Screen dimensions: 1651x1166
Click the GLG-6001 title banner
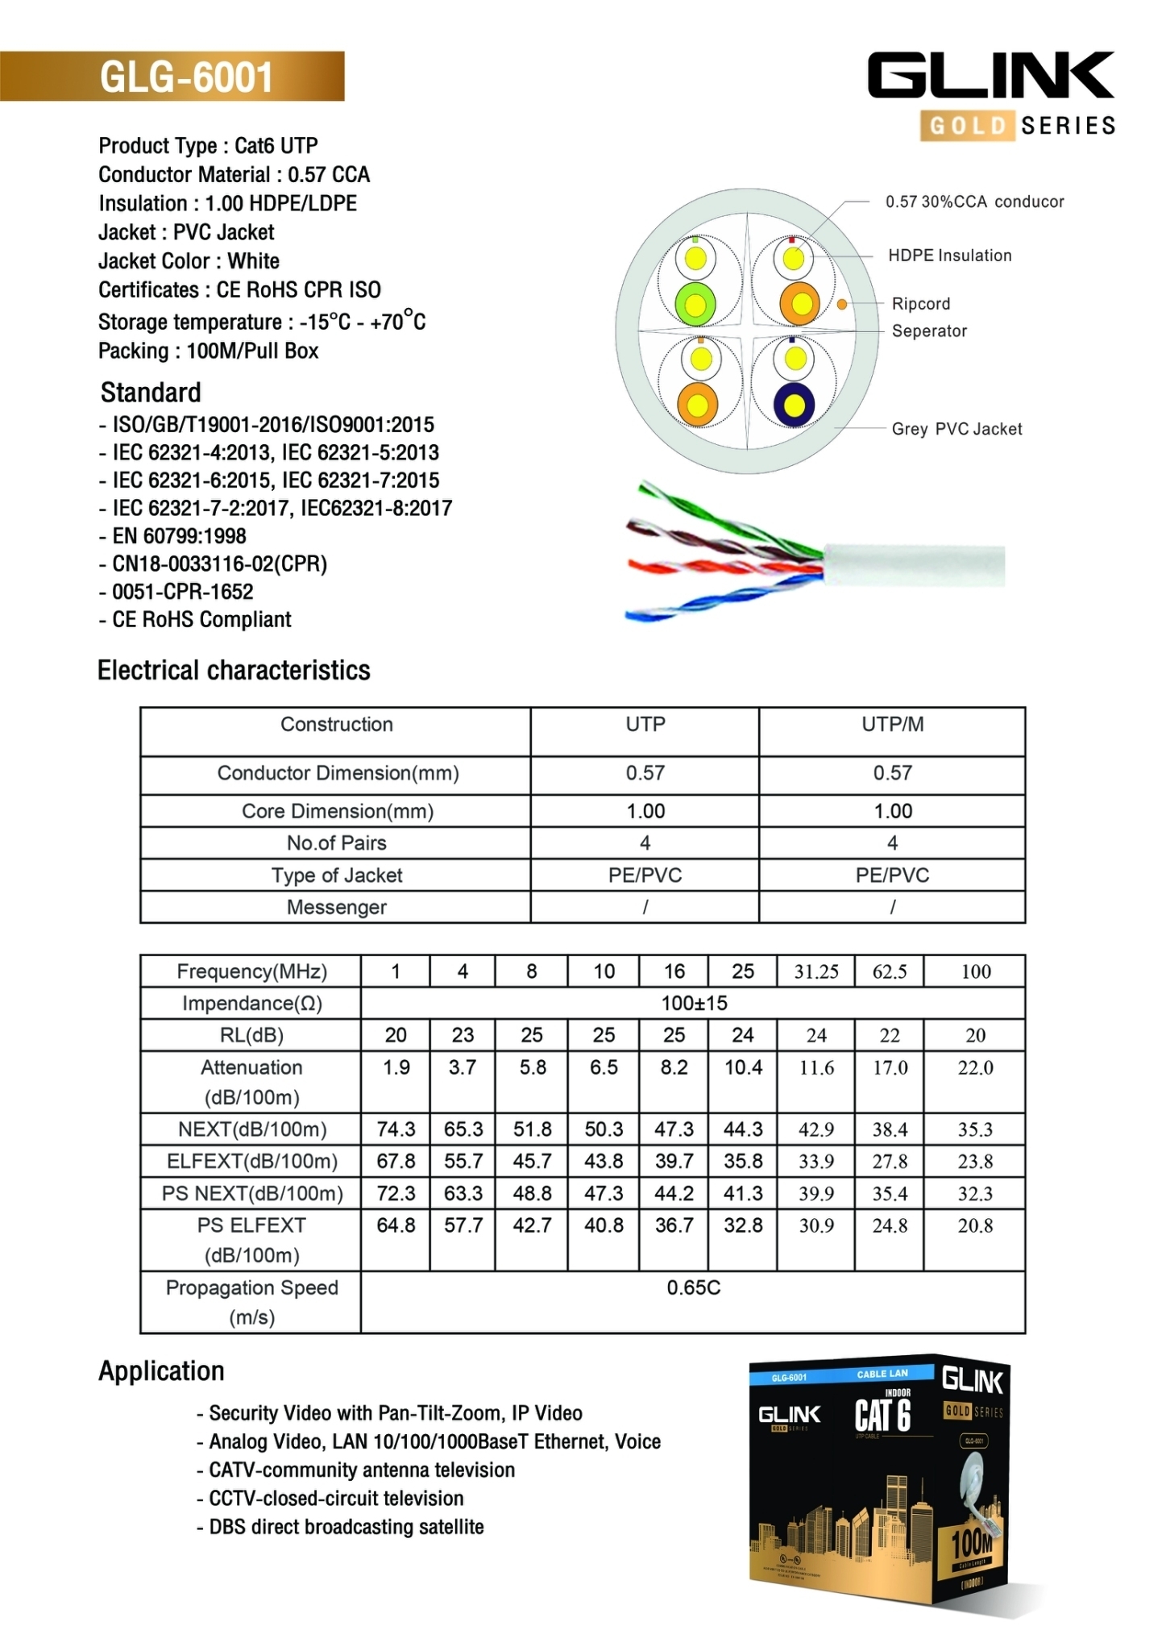coord(185,77)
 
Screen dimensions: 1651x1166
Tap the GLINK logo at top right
coord(990,76)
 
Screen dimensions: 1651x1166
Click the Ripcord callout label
coord(920,304)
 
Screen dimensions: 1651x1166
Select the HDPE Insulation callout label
coord(949,256)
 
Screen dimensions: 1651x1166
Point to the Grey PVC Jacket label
coord(956,429)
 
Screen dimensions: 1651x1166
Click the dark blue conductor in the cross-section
coord(794,405)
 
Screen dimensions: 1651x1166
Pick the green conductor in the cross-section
coord(695,304)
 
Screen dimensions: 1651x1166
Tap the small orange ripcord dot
coord(841,304)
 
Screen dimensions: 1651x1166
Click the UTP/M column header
coord(892,725)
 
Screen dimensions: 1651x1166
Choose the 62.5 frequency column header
coord(889,972)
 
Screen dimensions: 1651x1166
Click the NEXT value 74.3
coord(396,1129)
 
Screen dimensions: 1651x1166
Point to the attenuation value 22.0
coord(975,1068)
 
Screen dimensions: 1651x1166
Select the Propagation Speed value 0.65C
coord(693,1287)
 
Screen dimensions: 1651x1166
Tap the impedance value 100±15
coord(693,1004)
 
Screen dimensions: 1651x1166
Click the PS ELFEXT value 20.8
coord(975,1226)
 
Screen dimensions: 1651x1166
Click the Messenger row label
coord(336,908)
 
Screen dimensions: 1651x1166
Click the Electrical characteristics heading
coord(234,671)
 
